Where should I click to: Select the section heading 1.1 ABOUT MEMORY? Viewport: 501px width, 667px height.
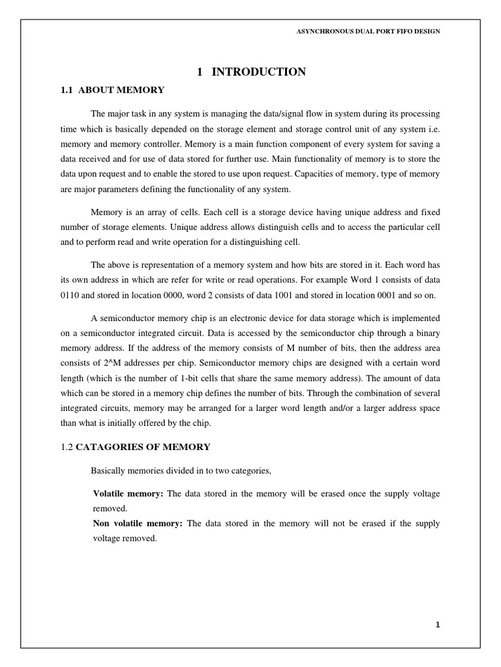pyautogui.click(x=112, y=90)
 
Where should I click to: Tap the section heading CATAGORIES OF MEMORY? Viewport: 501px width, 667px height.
pyautogui.click(x=144, y=447)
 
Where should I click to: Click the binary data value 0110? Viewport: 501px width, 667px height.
pyautogui.click(x=70, y=296)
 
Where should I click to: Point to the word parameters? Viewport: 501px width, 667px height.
pyautogui.click(x=106, y=190)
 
